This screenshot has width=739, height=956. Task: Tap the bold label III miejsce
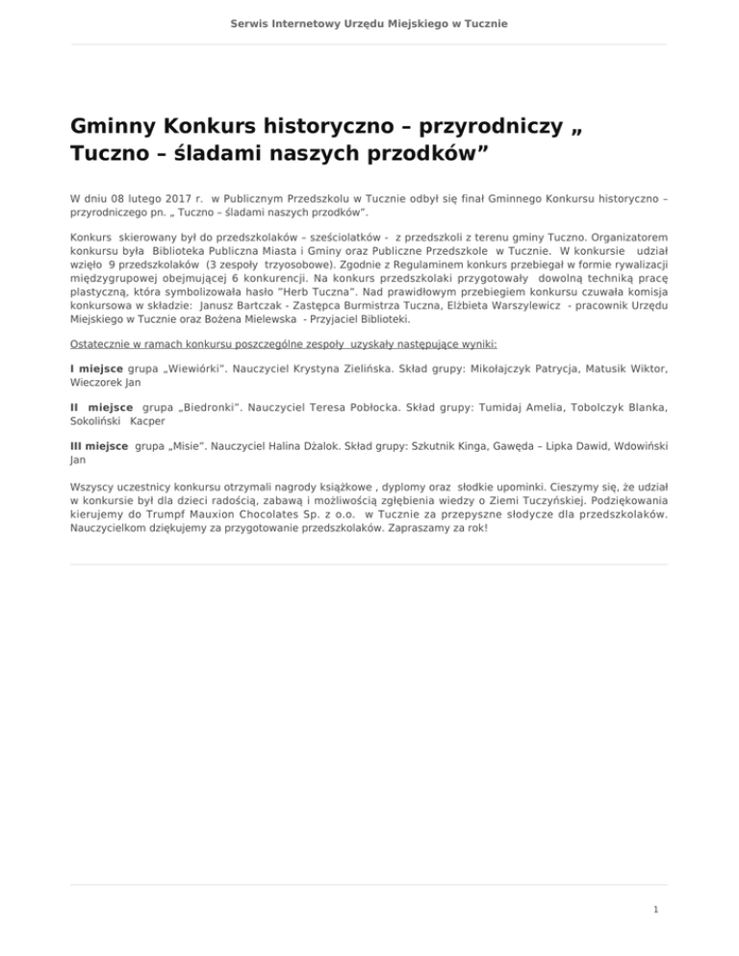tap(99, 446)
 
